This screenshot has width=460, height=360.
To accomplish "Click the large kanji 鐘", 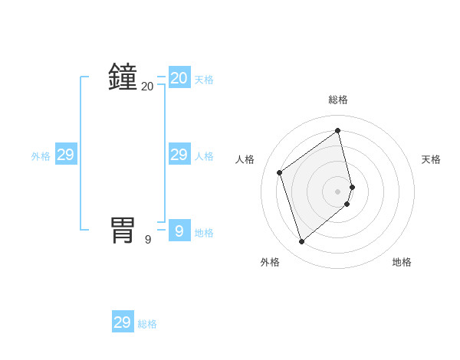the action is pyautogui.click(x=123, y=77).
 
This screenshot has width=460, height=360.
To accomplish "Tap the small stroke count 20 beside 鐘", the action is pyautogui.click(x=147, y=87).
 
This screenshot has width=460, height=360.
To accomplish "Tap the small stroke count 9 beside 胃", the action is pyautogui.click(x=148, y=240).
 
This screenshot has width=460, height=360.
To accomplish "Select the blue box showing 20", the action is pyautogui.click(x=179, y=78).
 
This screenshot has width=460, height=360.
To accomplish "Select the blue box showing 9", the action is pyautogui.click(x=179, y=231).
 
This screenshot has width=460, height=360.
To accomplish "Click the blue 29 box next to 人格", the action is pyautogui.click(x=179, y=155).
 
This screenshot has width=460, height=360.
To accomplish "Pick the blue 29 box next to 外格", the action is pyautogui.click(x=66, y=155).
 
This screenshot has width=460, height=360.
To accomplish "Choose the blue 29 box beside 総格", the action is pyautogui.click(x=123, y=322).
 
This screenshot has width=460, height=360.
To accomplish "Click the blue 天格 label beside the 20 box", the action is pyautogui.click(x=204, y=80).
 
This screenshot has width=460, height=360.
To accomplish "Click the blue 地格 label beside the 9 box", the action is pyautogui.click(x=204, y=233).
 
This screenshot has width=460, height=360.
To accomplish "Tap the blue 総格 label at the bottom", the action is pyautogui.click(x=147, y=324).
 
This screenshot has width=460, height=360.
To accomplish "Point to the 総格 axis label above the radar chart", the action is pyautogui.click(x=338, y=100).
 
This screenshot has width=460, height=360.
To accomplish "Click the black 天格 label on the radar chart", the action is pyautogui.click(x=431, y=159).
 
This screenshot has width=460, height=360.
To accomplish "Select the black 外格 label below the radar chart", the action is pyautogui.click(x=270, y=262).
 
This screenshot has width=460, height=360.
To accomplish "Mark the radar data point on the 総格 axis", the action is pyautogui.click(x=338, y=130).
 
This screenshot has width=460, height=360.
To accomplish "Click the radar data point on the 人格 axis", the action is pyautogui.click(x=280, y=172).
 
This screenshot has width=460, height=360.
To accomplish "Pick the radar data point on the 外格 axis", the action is pyautogui.click(x=302, y=242).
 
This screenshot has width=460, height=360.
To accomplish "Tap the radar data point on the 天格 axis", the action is pyautogui.click(x=352, y=187).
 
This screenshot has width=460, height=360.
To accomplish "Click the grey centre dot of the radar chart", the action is pyautogui.click(x=338, y=191).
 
